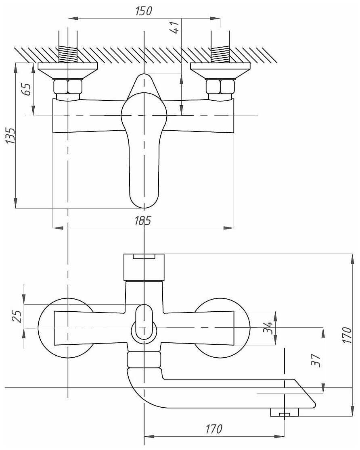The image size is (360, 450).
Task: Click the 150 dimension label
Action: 144,11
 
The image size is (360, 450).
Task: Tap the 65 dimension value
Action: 26,89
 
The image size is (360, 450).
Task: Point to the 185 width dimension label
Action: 143,221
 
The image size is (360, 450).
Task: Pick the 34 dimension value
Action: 268,327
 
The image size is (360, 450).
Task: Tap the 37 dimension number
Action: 316,360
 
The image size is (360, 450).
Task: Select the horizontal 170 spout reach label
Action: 214,429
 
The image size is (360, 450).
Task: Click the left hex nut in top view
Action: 68,87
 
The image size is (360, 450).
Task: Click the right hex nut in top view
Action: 220,87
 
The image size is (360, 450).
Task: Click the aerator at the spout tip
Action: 285,412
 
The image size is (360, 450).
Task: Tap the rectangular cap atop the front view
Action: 144,267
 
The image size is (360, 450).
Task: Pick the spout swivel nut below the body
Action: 144,359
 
